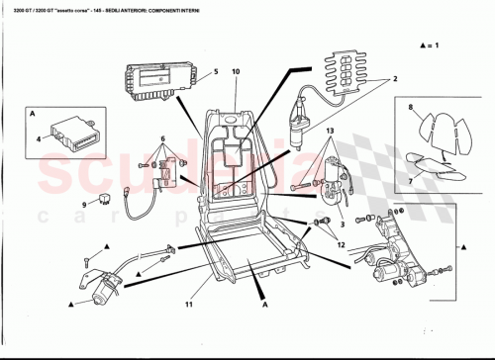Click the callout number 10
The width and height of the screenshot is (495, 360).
[x=236, y=72]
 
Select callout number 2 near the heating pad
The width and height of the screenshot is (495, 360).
[x=395, y=80]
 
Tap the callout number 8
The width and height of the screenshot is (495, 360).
[x=409, y=106]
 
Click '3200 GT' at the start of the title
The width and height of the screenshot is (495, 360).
[x=18, y=8]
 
